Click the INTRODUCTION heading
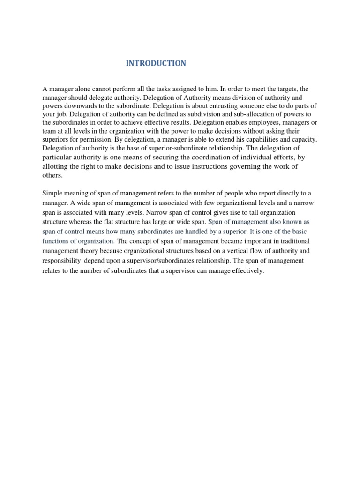pyautogui.click(x=156, y=63)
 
